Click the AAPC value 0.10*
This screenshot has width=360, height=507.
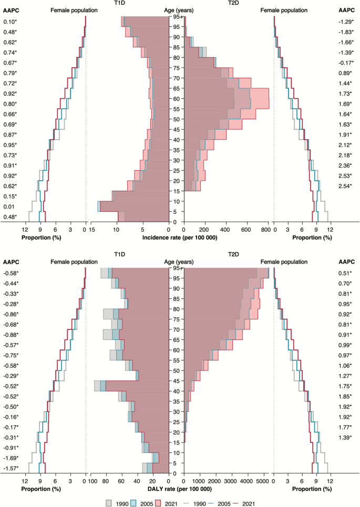tap(11, 22)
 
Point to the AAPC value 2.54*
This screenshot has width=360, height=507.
tap(347, 186)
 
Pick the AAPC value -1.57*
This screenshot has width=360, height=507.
tap(11, 468)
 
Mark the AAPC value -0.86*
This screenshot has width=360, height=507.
tap(11, 314)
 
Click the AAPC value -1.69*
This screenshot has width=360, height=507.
tap(11, 458)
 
